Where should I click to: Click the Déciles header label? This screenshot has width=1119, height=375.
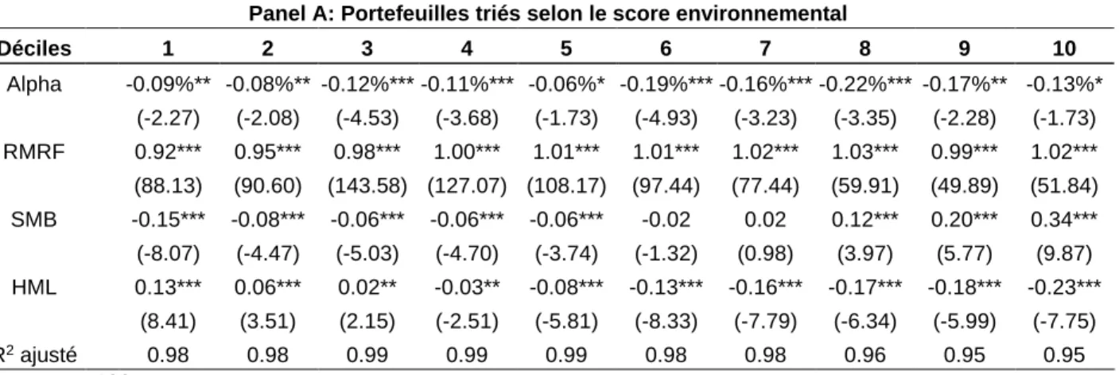35,49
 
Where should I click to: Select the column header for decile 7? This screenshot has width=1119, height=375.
765,49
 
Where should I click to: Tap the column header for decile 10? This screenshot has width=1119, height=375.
1064,49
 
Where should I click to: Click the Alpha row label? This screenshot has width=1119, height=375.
34,84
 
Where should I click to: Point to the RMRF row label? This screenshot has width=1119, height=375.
34,151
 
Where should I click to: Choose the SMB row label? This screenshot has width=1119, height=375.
34,220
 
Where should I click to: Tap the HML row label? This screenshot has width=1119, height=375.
34,287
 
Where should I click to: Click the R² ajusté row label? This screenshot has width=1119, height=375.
38,354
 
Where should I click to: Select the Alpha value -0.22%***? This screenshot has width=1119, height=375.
865,84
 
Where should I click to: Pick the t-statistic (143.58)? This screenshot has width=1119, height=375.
367,186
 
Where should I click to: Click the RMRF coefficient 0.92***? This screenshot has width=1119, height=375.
168,151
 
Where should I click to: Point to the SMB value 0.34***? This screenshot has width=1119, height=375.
1064,220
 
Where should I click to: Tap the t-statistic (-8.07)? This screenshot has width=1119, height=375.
168,253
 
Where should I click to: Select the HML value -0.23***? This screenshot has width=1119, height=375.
1064,287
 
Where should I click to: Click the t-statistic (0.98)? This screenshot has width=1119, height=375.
765,253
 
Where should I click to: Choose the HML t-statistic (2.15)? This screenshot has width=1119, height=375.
367,322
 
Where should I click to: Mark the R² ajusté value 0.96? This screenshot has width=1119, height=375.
865,356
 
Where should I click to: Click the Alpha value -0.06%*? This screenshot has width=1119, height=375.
566,84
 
